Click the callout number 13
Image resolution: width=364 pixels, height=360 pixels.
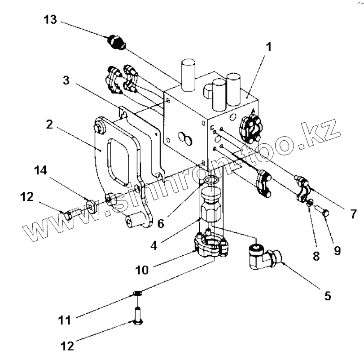50,20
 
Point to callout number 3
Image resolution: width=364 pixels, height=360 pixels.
66,80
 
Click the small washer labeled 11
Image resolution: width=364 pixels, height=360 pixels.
138,294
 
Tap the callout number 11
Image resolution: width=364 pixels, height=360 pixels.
66,321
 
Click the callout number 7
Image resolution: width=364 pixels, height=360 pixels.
352,213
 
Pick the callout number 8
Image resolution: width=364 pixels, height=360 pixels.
317,256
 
